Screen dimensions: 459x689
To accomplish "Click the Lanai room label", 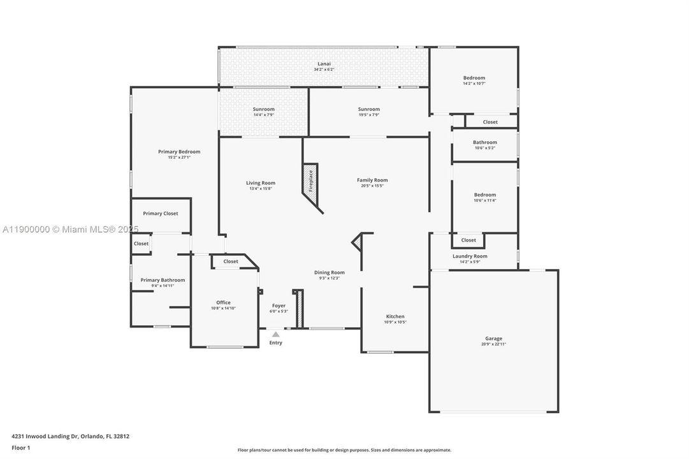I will [x=324, y=64].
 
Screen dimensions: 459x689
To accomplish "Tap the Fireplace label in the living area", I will [x=311, y=180].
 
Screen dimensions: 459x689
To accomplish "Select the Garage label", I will [x=493, y=339].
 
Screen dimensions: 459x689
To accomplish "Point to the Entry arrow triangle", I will [x=275, y=333].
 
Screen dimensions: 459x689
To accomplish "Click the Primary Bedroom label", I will [x=179, y=152].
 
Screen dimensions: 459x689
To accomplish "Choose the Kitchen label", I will [x=395, y=316].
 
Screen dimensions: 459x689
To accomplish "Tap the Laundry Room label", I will [x=470, y=256].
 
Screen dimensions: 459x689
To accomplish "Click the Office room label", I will [x=223, y=303].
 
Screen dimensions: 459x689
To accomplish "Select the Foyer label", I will [x=279, y=305].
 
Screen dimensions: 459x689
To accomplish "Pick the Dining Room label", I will [x=330, y=272].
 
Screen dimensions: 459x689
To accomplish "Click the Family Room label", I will [x=372, y=180].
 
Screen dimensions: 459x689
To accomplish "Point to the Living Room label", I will [x=261, y=183].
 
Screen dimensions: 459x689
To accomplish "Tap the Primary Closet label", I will [x=161, y=214].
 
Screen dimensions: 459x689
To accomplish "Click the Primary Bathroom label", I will [x=163, y=280].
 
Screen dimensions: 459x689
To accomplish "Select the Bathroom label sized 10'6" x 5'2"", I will [x=484, y=142].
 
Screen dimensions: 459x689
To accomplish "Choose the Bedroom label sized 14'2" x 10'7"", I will [x=474, y=78].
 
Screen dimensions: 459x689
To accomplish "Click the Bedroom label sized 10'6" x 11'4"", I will [x=484, y=195].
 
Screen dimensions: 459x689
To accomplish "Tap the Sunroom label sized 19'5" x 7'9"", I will [x=368, y=109].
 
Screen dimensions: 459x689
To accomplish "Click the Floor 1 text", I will [x=20, y=448].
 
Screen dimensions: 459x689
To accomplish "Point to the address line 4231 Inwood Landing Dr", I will [x=70, y=437].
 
